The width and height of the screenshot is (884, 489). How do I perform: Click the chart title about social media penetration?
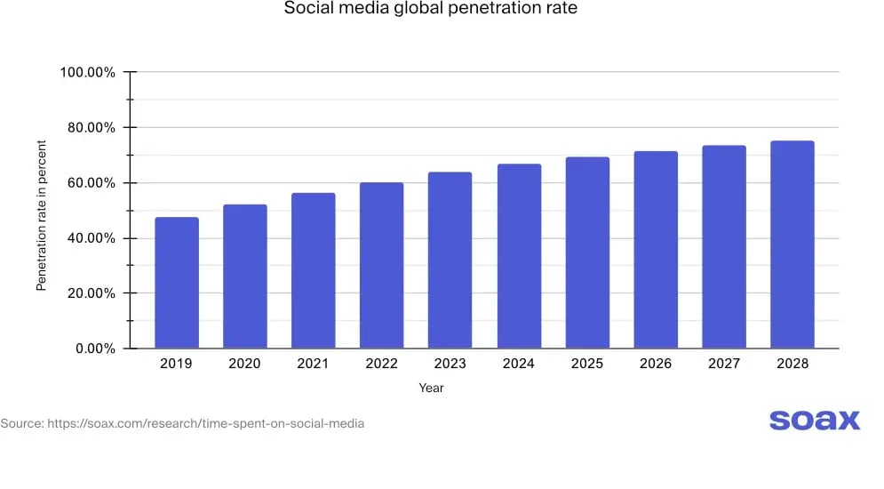(x=430, y=10)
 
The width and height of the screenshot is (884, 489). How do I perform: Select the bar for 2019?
(x=176, y=283)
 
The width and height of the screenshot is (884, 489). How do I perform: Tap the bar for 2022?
(x=381, y=265)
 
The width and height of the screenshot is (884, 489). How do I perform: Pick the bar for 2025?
(x=587, y=253)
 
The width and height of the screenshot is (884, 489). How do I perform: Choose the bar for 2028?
(x=792, y=244)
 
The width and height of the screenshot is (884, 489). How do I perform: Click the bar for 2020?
(x=244, y=277)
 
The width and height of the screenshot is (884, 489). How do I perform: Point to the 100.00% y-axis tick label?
(x=87, y=72)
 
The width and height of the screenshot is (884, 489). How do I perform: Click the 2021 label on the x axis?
(x=313, y=364)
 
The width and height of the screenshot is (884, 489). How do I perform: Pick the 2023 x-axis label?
(x=450, y=364)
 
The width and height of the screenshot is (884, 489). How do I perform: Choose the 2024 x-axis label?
(x=519, y=364)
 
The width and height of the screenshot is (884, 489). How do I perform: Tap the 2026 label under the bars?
(x=656, y=364)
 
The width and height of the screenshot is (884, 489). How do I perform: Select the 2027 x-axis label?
(x=724, y=364)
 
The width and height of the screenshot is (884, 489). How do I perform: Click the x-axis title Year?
(x=431, y=388)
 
